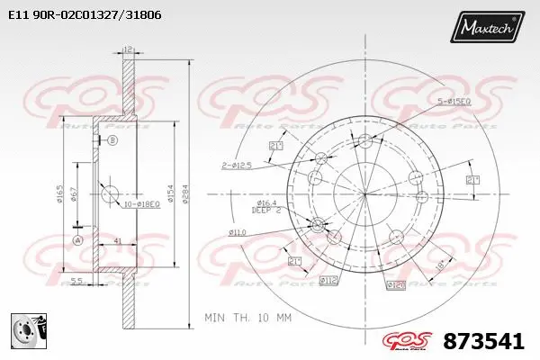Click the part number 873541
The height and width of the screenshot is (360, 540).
coord(484,341)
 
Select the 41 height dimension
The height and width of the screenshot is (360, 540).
coord(118,241)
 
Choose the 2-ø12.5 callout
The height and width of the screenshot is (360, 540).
coord(235,165)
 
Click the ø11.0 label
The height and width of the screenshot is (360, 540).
coord(238,232)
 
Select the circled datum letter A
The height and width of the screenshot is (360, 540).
coord(77,240)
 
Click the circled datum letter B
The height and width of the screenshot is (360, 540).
coord(112,141)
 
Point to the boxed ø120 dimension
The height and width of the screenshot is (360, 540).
coord(395,284)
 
